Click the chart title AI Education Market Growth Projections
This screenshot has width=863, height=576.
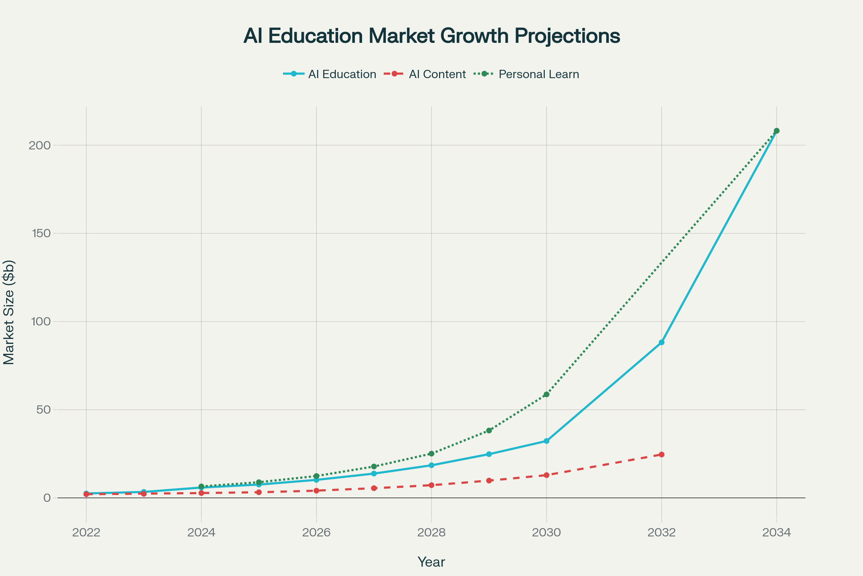[x=431, y=36]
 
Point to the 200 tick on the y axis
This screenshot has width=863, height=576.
[x=40, y=145]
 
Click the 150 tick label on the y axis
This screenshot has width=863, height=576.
[x=40, y=233]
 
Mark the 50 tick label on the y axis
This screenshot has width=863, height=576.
[x=43, y=410]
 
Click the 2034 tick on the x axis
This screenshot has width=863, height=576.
[x=776, y=532]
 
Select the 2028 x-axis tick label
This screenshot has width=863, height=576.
[x=431, y=532]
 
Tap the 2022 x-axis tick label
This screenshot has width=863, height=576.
[x=86, y=532]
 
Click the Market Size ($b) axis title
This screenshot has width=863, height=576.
[x=9, y=312]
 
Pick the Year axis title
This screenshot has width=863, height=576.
[x=431, y=562]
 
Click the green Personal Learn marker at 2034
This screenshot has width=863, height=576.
[x=776, y=131]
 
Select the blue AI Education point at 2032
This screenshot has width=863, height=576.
[x=662, y=342]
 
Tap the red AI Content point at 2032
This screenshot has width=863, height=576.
[x=662, y=454]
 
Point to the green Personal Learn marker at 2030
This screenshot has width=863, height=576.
[x=546, y=395]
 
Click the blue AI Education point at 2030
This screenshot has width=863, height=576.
[x=546, y=441]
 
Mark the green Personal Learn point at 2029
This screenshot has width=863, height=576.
[x=489, y=431]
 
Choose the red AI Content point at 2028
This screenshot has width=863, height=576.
[x=431, y=485]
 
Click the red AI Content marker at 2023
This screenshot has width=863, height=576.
[x=144, y=494]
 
